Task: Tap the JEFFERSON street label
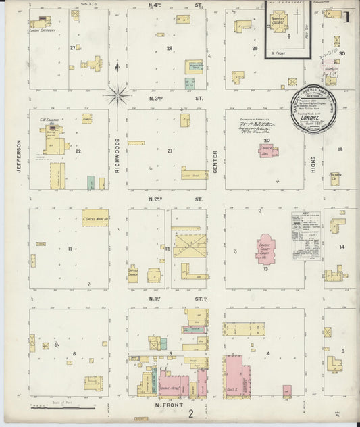(x=20, y=155)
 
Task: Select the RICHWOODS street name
(x=117, y=155)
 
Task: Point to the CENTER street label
(x=215, y=161)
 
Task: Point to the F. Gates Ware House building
(x=95, y=217)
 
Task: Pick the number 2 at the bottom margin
(x=191, y=413)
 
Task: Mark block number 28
(x=170, y=48)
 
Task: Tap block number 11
(x=70, y=249)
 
